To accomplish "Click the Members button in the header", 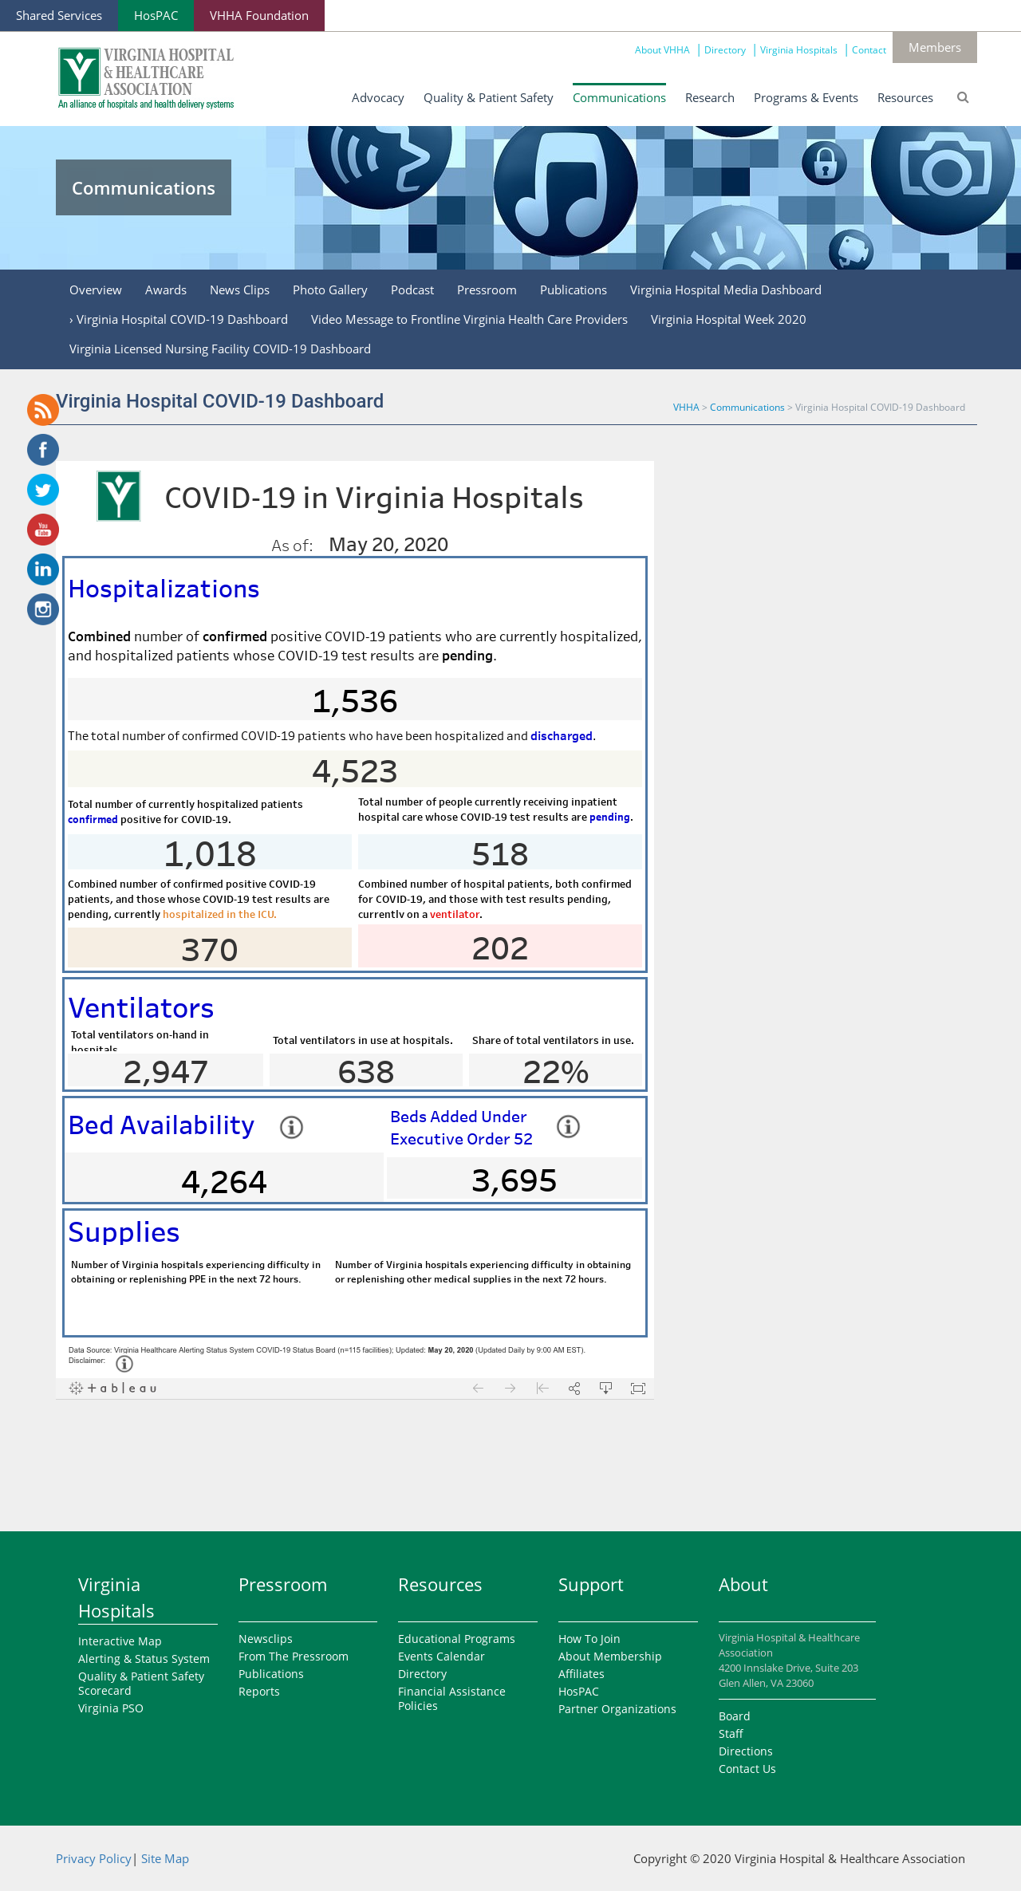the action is point(934,48).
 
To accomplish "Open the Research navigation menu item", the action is point(709,98).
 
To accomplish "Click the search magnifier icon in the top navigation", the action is point(963,97).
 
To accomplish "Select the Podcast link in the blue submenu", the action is point(412,290).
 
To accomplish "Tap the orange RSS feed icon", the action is point(43,410).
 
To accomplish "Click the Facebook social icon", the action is point(43,450).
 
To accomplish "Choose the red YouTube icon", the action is point(43,530).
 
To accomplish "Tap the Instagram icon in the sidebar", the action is point(43,609).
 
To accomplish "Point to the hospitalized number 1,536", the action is point(355,701).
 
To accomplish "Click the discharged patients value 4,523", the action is point(355,771).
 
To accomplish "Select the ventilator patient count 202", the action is point(500,948).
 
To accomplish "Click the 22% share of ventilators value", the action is point(556,1072).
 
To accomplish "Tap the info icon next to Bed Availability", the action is point(291,1127).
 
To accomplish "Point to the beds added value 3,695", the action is point(514,1180).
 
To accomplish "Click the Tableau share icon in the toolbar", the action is point(574,1389).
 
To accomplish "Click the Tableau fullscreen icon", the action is point(638,1389).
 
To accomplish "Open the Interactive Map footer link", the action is point(120,1641).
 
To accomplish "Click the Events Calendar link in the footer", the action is point(441,1657).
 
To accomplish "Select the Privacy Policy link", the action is point(93,1859).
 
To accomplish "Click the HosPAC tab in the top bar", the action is point(156,16).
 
